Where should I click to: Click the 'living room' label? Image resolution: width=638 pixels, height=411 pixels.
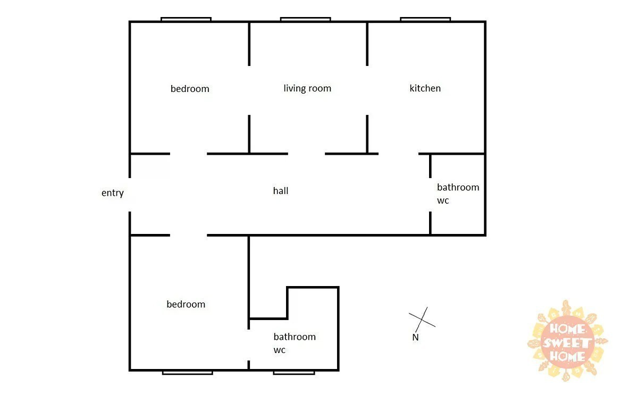307,88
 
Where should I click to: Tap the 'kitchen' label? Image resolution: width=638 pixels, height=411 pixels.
425,88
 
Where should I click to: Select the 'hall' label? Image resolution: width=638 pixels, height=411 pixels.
281,190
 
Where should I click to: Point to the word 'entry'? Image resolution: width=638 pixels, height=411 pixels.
113,193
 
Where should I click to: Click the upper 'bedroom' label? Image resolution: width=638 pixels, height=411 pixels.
190,89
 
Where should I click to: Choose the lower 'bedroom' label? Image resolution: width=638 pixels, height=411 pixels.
186,304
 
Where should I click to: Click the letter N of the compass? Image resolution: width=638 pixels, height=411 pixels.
416,337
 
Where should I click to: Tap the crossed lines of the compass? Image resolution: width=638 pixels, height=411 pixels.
422,320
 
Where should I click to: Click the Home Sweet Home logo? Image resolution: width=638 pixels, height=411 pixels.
567,341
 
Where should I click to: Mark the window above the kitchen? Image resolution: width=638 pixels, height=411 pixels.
425,19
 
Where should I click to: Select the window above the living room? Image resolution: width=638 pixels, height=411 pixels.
305,19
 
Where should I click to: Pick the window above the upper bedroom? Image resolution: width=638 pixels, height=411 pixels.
186,19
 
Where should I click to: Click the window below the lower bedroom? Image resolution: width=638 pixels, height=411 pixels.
187,373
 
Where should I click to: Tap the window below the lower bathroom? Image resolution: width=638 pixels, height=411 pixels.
294,373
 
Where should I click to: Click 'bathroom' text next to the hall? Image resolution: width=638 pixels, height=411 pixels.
458,187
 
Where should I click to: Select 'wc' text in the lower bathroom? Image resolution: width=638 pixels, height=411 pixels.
280,350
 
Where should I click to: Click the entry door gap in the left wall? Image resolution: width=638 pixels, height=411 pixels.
130,195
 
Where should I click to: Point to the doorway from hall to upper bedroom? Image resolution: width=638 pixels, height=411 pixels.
188,154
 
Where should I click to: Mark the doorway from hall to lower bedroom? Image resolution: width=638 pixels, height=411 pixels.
188,235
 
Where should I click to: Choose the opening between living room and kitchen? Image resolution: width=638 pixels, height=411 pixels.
367,90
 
